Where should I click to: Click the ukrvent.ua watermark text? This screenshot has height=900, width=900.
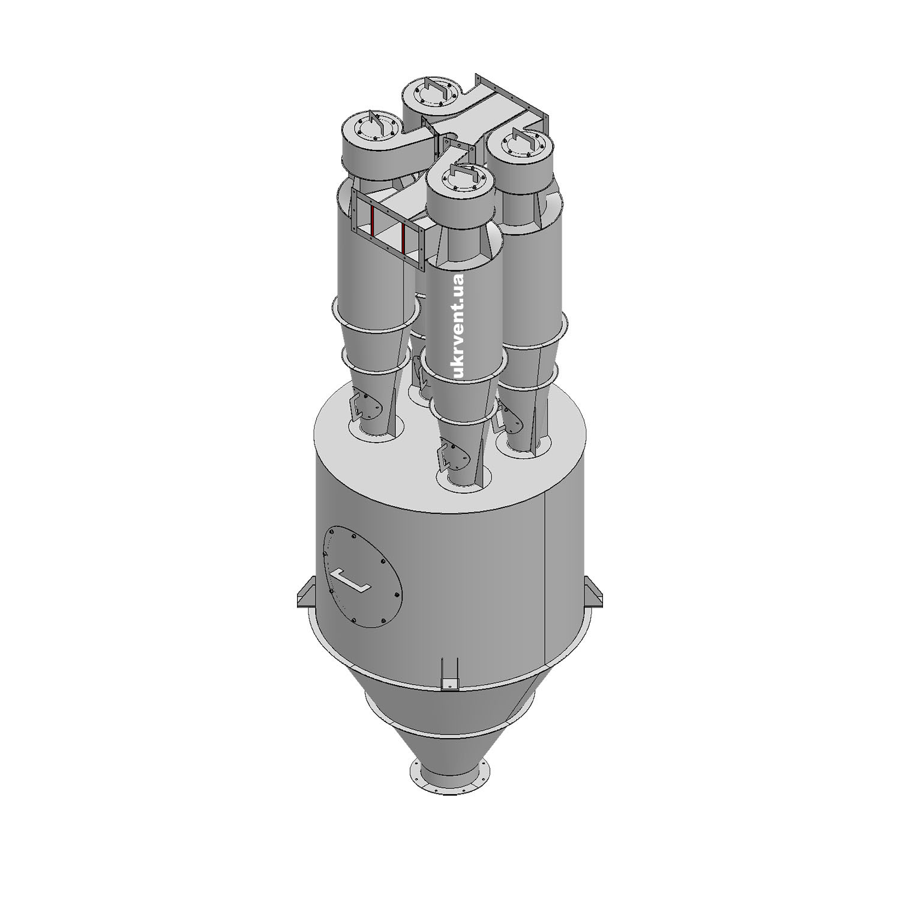pos(459,326)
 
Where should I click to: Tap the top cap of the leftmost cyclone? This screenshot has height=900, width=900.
pos(372,129)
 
